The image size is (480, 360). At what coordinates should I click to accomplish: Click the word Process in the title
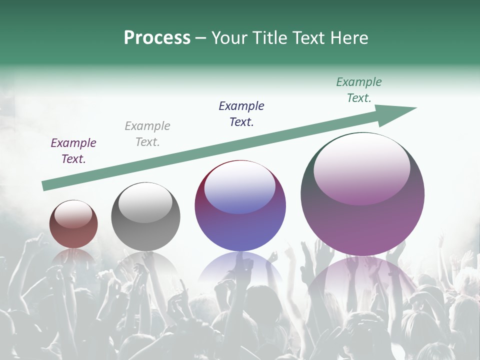157,38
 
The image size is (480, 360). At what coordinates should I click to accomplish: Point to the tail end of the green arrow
46,185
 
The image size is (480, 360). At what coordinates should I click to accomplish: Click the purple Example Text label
73,151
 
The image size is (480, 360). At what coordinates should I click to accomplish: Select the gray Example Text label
147,134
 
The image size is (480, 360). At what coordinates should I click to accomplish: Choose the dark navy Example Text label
241,114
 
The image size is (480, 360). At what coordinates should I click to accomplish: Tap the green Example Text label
359,90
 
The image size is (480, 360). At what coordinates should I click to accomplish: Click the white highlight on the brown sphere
73,214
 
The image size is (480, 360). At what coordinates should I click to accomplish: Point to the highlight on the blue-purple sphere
240,188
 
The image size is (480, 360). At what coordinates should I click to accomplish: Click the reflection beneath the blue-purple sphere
240,267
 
